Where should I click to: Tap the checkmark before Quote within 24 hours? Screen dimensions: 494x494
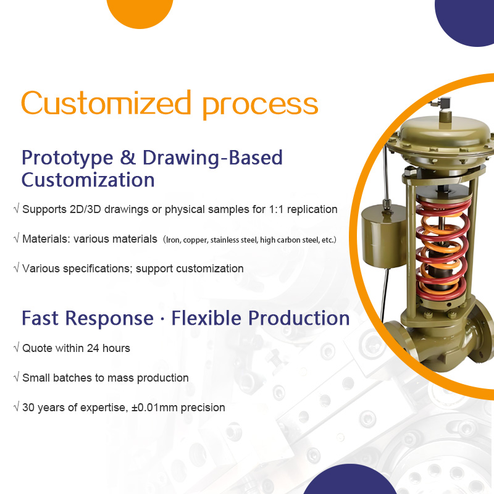click(16, 348)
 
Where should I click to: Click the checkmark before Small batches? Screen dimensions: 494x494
click(16, 378)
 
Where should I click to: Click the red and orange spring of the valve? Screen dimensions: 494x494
click(442, 247)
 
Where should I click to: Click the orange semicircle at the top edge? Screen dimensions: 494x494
click(140, 11)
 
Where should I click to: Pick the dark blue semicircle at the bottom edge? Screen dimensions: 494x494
click(350, 482)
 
